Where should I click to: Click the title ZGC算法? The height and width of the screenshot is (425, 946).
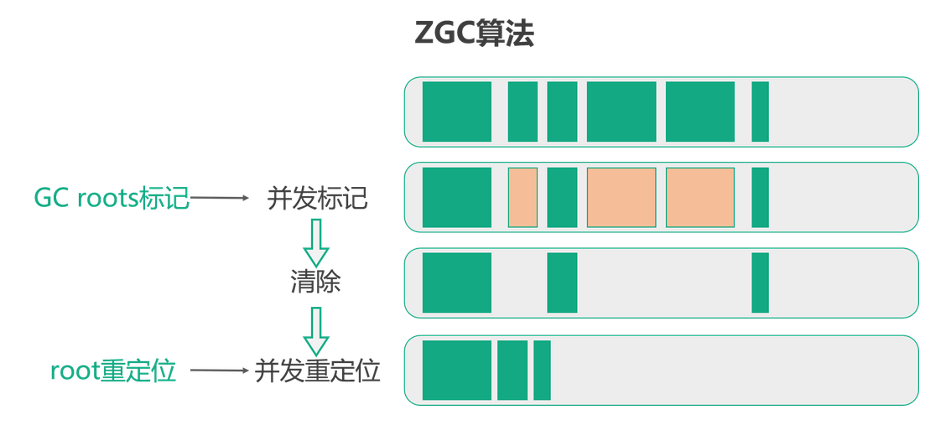pyautogui.click(x=474, y=34)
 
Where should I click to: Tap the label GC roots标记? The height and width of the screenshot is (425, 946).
pyautogui.click(x=112, y=199)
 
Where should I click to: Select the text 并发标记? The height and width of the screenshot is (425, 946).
pyautogui.click(x=317, y=199)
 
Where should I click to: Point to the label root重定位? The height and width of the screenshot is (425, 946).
pyautogui.click(x=113, y=370)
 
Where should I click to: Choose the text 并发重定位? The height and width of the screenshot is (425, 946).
pyautogui.click(x=317, y=370)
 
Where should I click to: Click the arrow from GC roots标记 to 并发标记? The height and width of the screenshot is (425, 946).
pyautogui.click(x=221, y=199)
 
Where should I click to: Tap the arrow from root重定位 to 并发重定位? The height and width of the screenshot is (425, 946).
pyautogui.click(x=219, y=370)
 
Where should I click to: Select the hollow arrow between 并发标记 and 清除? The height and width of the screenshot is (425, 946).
pyautogui.click(x=316, y=242)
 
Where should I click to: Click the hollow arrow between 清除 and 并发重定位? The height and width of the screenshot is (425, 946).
pyautogui.click(x=316, y=330)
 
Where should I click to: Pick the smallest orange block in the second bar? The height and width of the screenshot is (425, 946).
pyautogui.click(x=522, y=197)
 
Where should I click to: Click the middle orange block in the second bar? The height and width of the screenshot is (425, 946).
pyautogui.click(x=621, y=197)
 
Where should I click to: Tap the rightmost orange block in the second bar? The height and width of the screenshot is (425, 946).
pyautogui.click(x=700, y=197)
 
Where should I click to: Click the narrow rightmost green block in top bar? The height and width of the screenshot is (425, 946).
pyautogui.click(x=760, y=111)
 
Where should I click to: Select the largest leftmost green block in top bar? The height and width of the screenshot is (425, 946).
pyautogui.click(x=457, y=111)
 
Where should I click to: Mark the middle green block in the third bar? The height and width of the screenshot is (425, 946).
pyautogui.click(x=562, y=282)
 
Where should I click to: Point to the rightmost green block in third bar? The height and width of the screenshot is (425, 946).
pyautogui.click(x=760, y=282)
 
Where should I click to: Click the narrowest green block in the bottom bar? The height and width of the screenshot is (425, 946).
pyautogui.click(x=542, y=370)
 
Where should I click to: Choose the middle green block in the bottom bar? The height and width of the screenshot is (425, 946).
pyautogui.click(x=512, y=370)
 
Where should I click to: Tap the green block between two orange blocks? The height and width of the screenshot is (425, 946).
pyautogui.click(x=562, y=197)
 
